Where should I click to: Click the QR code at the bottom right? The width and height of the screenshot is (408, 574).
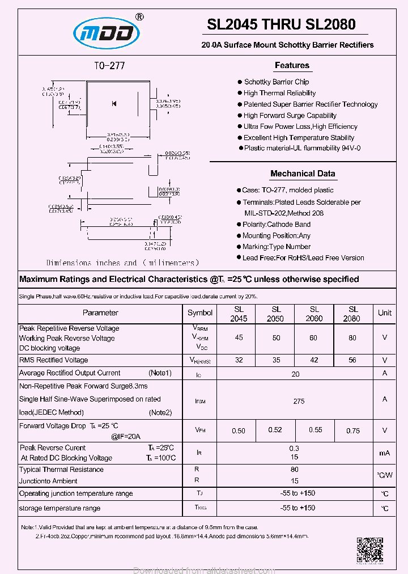[369, 550]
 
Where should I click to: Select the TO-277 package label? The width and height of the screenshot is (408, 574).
[109, 66]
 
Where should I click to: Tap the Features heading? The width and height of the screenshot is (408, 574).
[292, 65]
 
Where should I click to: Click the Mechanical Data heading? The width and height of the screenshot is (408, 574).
[303, 174]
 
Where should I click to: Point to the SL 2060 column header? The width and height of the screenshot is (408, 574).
[314, 314]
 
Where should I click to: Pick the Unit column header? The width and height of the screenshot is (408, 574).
[385, 313]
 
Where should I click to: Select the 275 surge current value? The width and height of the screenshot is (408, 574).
[299, 401]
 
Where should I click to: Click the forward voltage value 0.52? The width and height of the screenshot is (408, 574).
[275, 429]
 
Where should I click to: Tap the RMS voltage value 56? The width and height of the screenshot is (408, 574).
[353, 360]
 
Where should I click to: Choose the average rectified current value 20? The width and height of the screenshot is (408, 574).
[295, 374]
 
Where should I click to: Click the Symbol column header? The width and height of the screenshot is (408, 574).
[200, 313]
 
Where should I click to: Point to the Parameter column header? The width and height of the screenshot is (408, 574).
[100, 313]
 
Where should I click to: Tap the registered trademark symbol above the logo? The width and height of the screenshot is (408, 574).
[140, 17]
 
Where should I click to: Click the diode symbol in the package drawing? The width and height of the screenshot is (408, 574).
[114, 103]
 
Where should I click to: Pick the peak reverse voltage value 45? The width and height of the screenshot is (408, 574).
[239, 337]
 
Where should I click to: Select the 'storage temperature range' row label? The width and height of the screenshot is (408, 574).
[59, 508]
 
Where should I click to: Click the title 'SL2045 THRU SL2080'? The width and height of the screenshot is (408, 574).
[281, 24]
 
